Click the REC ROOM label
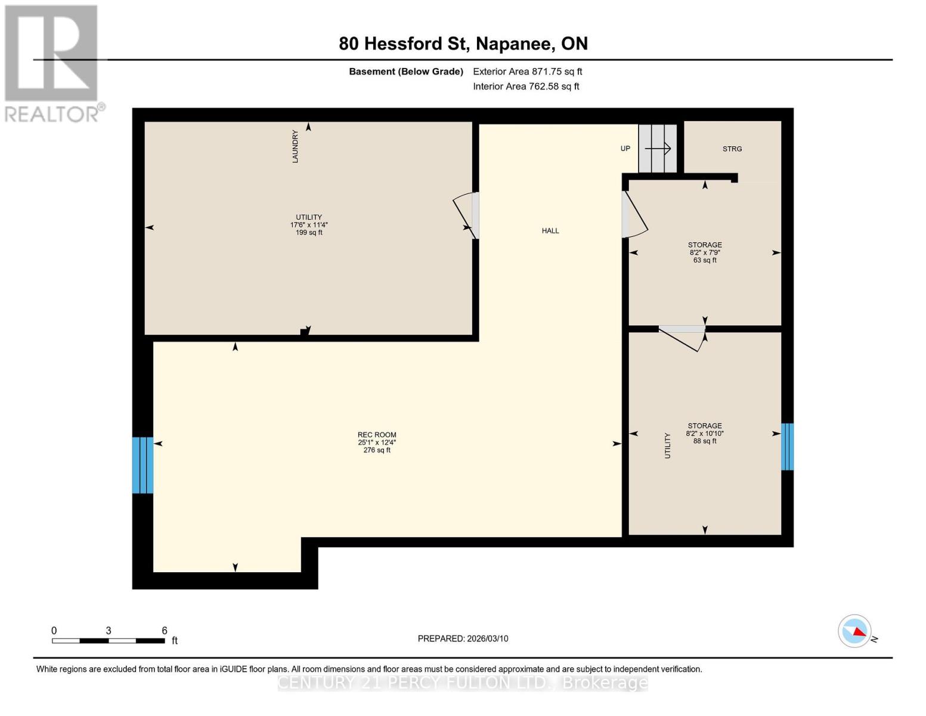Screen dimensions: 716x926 click(377, 435)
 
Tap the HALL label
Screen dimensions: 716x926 click(550, 231)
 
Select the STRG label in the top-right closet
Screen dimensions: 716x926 click(732, 149)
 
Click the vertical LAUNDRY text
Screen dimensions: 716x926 click(295, 146)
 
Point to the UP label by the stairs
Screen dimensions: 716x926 click(625, 149)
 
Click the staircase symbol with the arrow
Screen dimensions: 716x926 click(658, 149)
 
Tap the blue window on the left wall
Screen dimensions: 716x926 click(143, 465)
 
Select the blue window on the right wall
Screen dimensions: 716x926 click(787, 446)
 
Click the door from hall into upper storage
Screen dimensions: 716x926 click(633, 214)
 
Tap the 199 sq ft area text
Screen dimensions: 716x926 click(309, 233)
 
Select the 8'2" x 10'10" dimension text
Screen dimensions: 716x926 click(705, 434)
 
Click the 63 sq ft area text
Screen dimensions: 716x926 click(705, 260)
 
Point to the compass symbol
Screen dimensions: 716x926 click(854, 631)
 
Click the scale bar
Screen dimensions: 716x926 click(108, 641)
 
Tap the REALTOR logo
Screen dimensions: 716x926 click(52, 63)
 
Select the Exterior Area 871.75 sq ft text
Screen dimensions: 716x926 click(527, 72)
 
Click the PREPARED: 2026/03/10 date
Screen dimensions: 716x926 click(463, 638)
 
